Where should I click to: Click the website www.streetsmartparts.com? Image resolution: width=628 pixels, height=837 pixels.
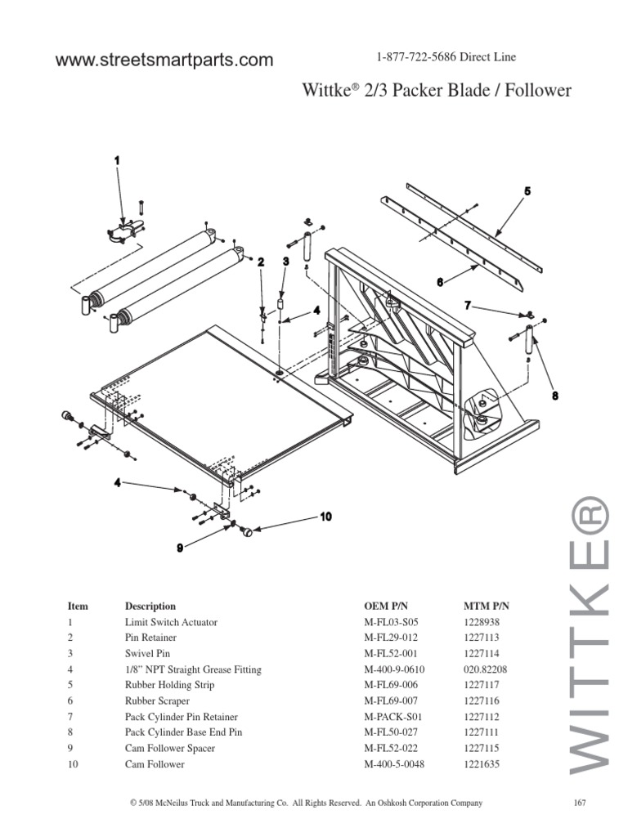164,60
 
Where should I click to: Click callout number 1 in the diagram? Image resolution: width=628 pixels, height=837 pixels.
117,161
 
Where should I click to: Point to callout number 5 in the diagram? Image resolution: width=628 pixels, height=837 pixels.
527,191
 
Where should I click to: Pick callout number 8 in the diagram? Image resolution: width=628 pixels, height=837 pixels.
554,395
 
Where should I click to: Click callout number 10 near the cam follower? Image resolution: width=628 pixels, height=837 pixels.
325,517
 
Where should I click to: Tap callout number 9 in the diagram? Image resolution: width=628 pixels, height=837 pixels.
180,548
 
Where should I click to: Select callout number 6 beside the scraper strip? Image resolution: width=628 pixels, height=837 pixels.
439,281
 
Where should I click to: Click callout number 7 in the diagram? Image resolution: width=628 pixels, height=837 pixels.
468,305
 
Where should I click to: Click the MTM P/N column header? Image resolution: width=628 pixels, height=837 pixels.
486,606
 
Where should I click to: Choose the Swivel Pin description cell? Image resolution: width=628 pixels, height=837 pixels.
149,653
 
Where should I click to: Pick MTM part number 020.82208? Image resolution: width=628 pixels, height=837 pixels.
485,669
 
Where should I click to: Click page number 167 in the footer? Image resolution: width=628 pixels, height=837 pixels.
581,803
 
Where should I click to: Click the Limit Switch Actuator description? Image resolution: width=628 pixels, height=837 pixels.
170,622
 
